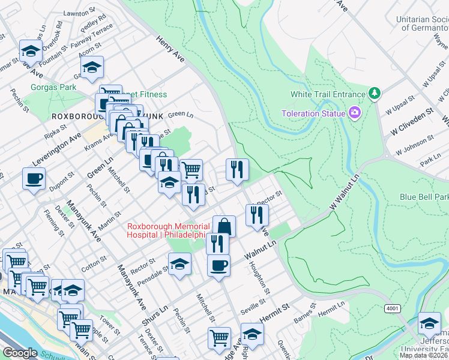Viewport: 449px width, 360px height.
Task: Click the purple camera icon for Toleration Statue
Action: [355, 113]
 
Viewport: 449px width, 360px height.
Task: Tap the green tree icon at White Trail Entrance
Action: [375, 94]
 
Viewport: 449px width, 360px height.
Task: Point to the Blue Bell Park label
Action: [424, 196]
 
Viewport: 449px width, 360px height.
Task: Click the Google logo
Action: [20, 353]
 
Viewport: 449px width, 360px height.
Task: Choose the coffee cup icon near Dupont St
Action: [34, 178]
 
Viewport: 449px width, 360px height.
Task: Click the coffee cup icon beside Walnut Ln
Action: [218, 265]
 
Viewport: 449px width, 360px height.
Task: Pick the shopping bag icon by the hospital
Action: [224, 226]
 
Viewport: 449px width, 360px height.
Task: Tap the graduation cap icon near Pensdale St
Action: [179, 264]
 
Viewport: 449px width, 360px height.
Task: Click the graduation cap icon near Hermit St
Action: [252, 334]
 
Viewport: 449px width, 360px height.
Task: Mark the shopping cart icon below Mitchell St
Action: [219, 338]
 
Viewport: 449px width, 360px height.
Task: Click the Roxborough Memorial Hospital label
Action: [169, 230]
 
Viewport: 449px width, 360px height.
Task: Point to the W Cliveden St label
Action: [412, 113]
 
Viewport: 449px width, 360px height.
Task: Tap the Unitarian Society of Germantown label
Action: [422, 23]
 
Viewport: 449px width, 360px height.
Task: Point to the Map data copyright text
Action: [424, 355]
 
